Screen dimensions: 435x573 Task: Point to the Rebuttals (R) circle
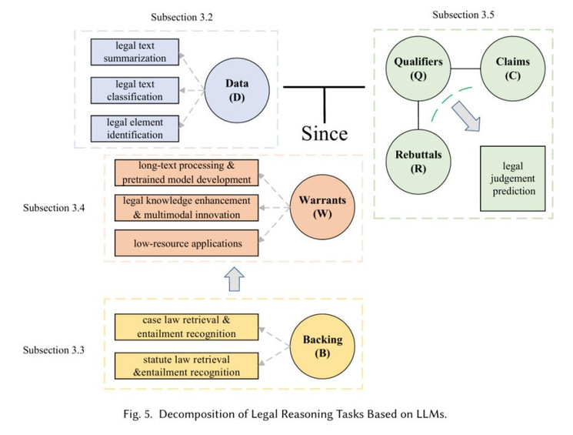[x=418, y=162]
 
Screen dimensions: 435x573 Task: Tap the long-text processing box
[x=187, y=173]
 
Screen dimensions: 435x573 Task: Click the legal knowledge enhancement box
[x=187, y=208]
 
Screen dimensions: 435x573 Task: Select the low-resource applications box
[x=187, y=243]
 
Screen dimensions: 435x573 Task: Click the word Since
[x=323, y=133]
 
